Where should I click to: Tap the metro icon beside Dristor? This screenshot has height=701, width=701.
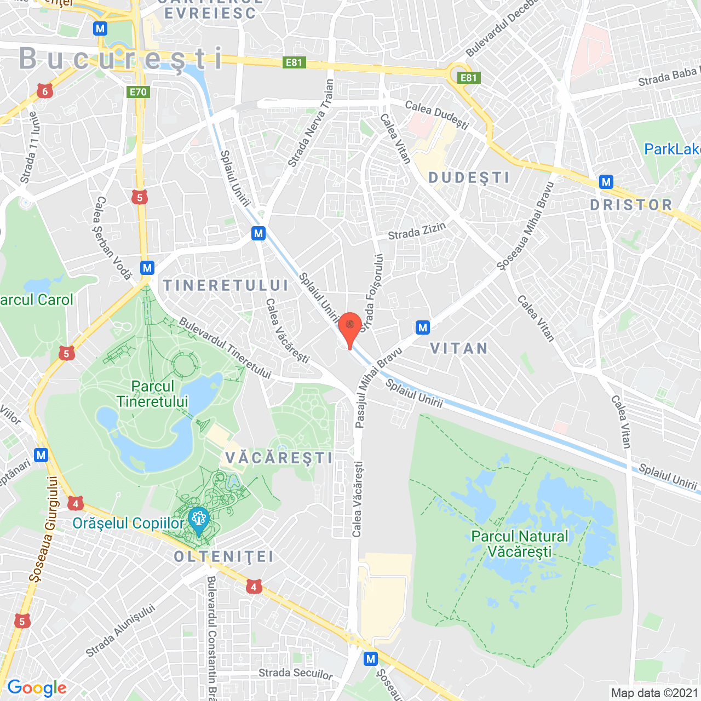click(606, 182)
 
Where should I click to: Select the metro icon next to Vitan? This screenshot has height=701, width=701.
click(422, 327)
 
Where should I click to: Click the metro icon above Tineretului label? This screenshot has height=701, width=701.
click(147, 268)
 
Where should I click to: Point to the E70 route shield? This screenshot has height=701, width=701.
click(138, 92)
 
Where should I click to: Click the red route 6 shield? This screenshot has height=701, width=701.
click(45, 91)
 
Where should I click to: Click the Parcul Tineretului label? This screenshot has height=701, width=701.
click(152, 394)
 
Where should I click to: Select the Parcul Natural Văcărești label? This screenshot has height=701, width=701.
click(520, 544)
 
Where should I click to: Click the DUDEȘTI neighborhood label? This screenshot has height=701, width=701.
click(469, 177)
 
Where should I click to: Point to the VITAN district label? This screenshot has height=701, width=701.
click(459, 348)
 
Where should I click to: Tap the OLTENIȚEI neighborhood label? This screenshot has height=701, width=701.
click(223, 557)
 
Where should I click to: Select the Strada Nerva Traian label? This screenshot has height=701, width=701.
click(311, 123)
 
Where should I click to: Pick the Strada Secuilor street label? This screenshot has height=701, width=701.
click(295, 674)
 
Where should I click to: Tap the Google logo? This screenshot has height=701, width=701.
click(37, 688)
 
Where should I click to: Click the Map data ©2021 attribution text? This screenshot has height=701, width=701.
click(654, 693)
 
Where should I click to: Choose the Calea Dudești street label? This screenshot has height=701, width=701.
click(436, 114)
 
